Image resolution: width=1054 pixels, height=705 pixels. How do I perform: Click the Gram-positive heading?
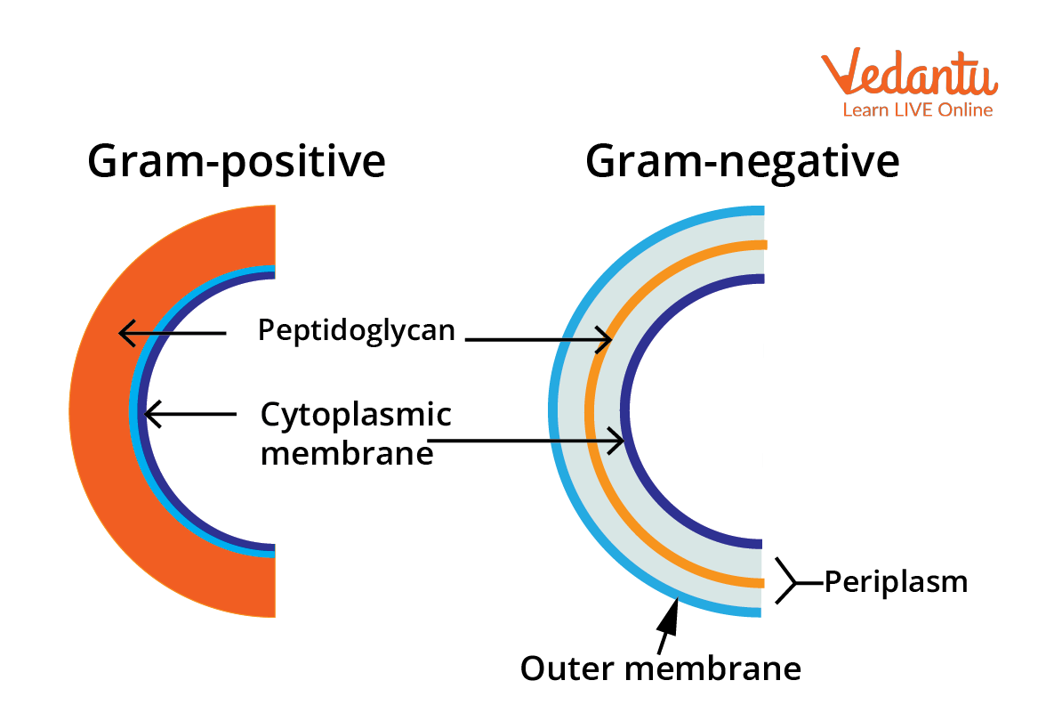pyautogui.click(x=237, y=162)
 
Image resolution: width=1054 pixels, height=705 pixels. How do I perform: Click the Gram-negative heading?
pyautogui.click(x=742, y=162)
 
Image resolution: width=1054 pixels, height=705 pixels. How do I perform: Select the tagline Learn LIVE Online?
pyautogui.click(x=918, y=109)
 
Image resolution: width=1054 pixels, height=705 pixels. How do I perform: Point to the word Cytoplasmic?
pyautogui.click(x=356, y=415)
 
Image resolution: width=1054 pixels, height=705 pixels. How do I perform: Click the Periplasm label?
pyautogui.click(x=896, y=581)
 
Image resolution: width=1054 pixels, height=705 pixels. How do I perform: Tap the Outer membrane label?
pyautogui.click(x=661, y=668)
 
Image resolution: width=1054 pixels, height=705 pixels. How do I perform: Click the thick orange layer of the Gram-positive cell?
pyautogui.click(x=101, y=411)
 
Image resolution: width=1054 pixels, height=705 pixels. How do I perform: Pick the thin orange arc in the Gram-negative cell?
pyautogui.click(x=589, y=411)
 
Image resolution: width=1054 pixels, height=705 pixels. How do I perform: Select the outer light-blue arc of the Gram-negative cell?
pyautogui.click(x=553, y=411)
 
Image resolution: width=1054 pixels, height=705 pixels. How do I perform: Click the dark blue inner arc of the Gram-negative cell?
pyautogui.click(x=624, y=411)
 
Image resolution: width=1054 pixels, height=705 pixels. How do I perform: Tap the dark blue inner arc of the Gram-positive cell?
pyautogui.click(x=142, y=411)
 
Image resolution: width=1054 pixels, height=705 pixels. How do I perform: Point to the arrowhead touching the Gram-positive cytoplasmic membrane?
pyautogui.click(x=153, y=414)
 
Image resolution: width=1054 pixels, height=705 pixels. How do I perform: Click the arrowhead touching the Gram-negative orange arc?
pyautogui.click(x=604, y=339)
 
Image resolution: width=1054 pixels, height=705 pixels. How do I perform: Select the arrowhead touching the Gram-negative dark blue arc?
pyautogui.click(x=616, y=441)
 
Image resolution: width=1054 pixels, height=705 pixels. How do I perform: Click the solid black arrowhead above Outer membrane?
pyautogui.click(x=670, y=615)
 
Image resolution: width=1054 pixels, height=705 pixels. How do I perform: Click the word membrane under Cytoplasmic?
pyautogui.click(x=347, y=453)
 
